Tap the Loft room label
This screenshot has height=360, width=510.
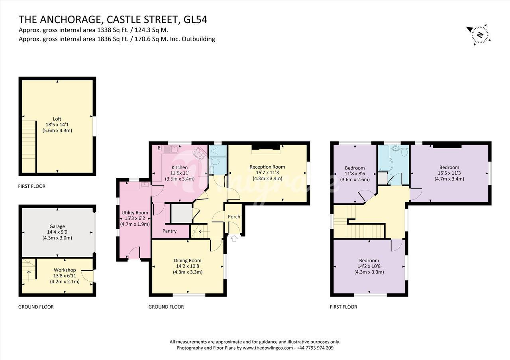pos(57,119)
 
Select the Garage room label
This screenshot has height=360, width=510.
pos(57,226)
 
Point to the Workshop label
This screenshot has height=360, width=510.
pos(65,270)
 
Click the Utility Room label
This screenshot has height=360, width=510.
pos(135,212)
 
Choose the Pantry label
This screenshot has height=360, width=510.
pos(169,231)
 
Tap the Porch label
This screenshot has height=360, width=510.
pos(234,217)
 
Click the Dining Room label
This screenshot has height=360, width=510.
pos(188,260)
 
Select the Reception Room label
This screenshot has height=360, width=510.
pos(267,167)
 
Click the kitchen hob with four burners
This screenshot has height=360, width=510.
pos(199,153)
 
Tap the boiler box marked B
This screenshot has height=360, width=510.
pos(159,148)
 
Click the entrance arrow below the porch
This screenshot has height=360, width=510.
pos(234,238)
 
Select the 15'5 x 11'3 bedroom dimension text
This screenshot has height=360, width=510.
pos(449,173)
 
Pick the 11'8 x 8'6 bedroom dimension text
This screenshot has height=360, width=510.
pos(355,173)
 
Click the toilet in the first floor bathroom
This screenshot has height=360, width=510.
pos(404,152)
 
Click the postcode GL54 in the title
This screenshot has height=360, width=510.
pos(195,20)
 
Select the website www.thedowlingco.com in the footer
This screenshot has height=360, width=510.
pos(268,348)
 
